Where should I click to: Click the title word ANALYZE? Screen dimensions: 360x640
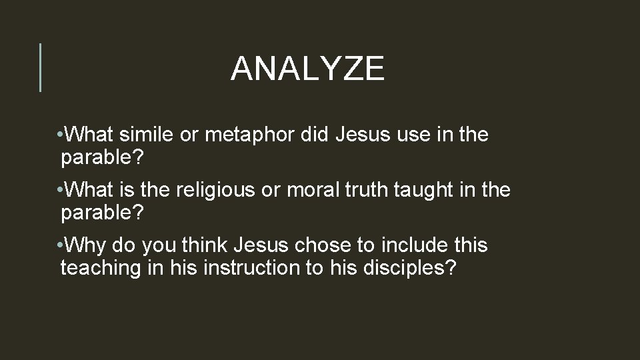pyautogui.click(x=307, y=69)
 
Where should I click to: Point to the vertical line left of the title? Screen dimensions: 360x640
pyautogui.click(x=41, y=67)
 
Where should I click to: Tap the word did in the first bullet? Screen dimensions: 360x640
pyautogui.click(x=317, y=135)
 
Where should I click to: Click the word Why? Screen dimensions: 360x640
pyautogui.click(x=86, y=245)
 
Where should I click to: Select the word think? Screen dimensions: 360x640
pyautogui.click(x=201, y=245)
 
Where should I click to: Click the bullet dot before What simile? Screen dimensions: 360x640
pyautogui.click(x=61, y=136)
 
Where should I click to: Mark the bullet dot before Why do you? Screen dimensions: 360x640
pyautogui.click(x=61, y=246)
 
